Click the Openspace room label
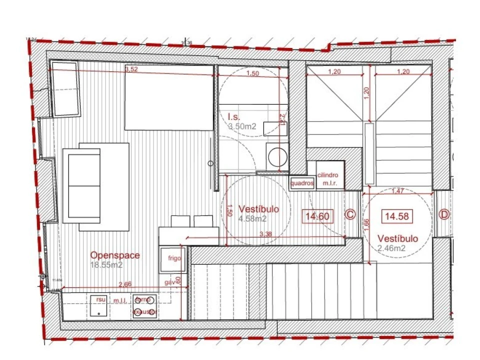tap(115, 255)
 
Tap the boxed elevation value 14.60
tap(316, 216)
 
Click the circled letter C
tap(350, 215)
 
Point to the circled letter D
tap(443, 215)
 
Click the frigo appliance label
tap(173, 258)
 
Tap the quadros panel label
tap(302, 183)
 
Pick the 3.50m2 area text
tap(242, 127)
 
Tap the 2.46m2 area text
tap(391, 247)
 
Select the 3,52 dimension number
tap(131, 69)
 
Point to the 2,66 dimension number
tap(125, 284)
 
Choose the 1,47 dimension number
tap(397, 190)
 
